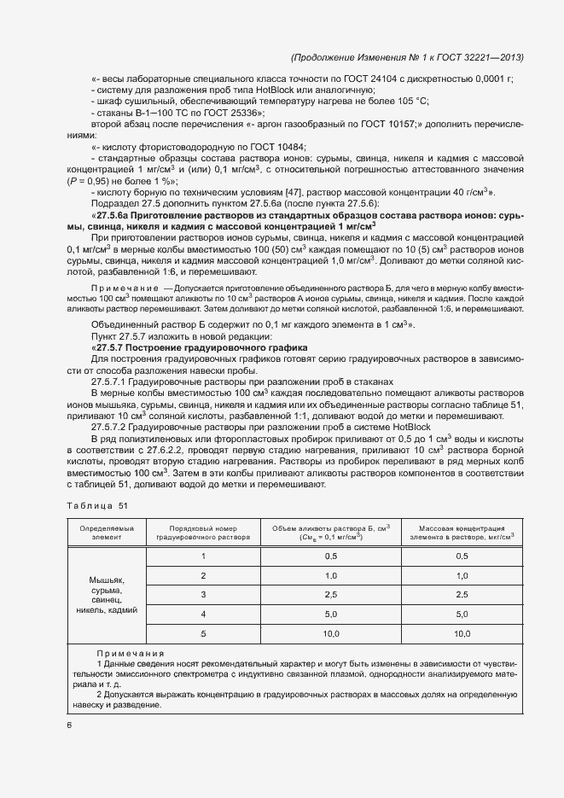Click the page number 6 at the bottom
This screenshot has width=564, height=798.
(69, 725)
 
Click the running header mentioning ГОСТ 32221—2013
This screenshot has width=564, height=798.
(407, 57)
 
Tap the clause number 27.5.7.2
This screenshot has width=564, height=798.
(110, 426)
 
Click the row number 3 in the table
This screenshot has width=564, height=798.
(203, 593)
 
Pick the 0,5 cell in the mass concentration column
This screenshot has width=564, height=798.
(462, 556)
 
